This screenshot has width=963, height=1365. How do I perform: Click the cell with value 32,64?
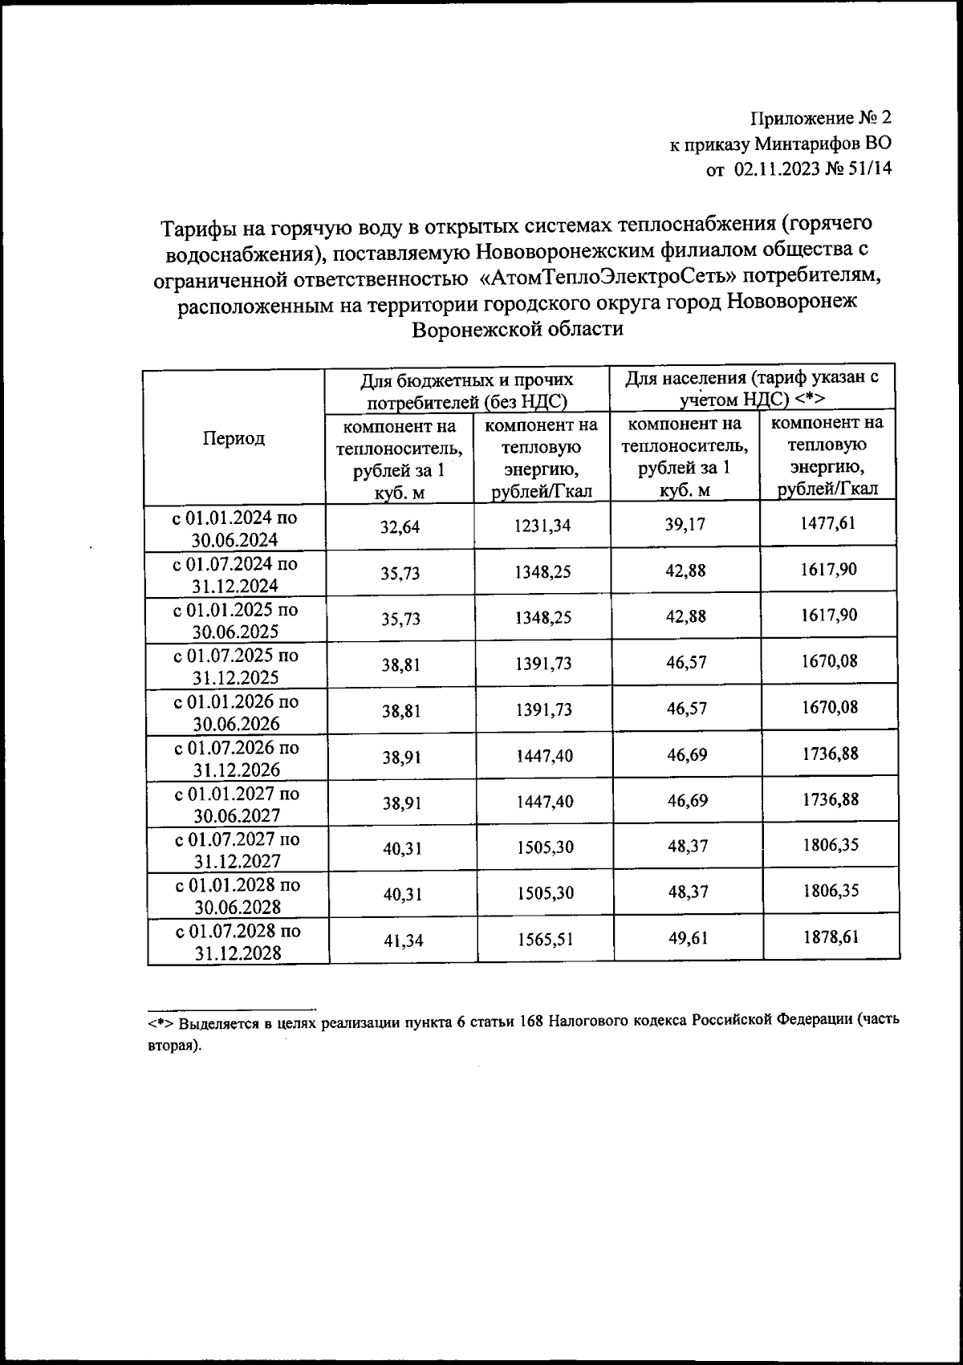[x=400, y=527]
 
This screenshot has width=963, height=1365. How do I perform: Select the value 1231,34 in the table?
[x=543, y=526]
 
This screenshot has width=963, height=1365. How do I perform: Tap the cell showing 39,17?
[x=687, y=524]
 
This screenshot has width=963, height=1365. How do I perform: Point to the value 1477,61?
[x=828, y=523]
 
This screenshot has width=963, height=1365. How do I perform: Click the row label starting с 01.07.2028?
[x=238, y=942]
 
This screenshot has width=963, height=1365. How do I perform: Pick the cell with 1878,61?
[x=831, y=936]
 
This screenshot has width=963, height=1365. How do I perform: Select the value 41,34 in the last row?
[x=403, y=940]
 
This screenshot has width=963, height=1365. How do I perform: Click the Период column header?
[x=234, y=438]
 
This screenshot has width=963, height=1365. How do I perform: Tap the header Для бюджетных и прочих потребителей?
[x=466, y=390]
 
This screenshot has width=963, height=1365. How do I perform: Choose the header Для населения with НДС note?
[x=752, y=388]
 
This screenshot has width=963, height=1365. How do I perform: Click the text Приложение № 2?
[x=821, y=119]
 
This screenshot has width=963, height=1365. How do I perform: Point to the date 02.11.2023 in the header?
[x=777, y=169]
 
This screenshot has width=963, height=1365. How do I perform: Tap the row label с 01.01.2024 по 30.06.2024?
[x=235, y=528]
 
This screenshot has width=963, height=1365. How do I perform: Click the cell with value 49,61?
[x=688, y=938]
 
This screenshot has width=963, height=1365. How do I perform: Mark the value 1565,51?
[x=546, y=939]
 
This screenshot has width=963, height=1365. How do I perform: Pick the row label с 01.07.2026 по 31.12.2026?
[x=237, y=758]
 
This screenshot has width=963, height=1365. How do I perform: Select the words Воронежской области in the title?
[x=517, y=329]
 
